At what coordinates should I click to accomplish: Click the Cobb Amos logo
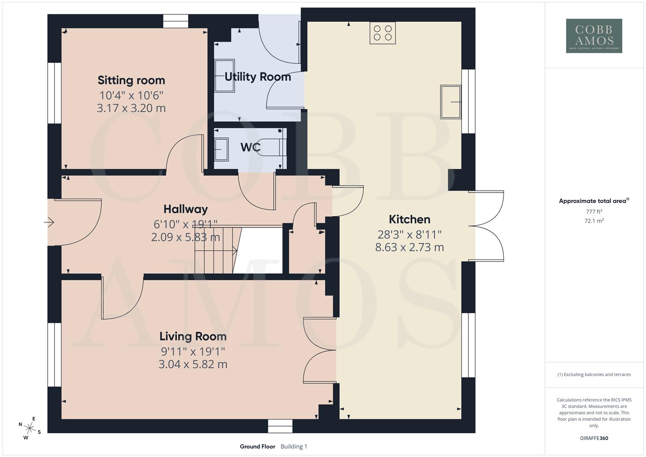click(594, 36)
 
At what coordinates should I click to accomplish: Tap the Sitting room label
click(131, 80)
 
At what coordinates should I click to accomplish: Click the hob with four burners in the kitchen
click(382, 33)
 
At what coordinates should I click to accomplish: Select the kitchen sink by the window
click(451, 102)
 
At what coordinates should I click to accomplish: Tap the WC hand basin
click(221, 149)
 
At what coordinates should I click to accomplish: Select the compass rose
click(30, 425)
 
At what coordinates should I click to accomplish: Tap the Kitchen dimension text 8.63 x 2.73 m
click(410, 247)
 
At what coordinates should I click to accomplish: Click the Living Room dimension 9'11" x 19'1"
click(192, 351)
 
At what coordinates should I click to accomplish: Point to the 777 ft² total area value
click(594, 212)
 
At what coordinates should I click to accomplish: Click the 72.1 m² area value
click(594, 220)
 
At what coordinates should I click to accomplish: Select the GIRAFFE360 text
click(594, 438)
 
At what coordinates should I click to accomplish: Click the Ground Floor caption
click(257, 446)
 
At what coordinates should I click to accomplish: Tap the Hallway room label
click(185, 209)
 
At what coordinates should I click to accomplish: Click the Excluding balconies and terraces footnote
click(594, 374)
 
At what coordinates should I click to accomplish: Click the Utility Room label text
click(258, 77)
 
